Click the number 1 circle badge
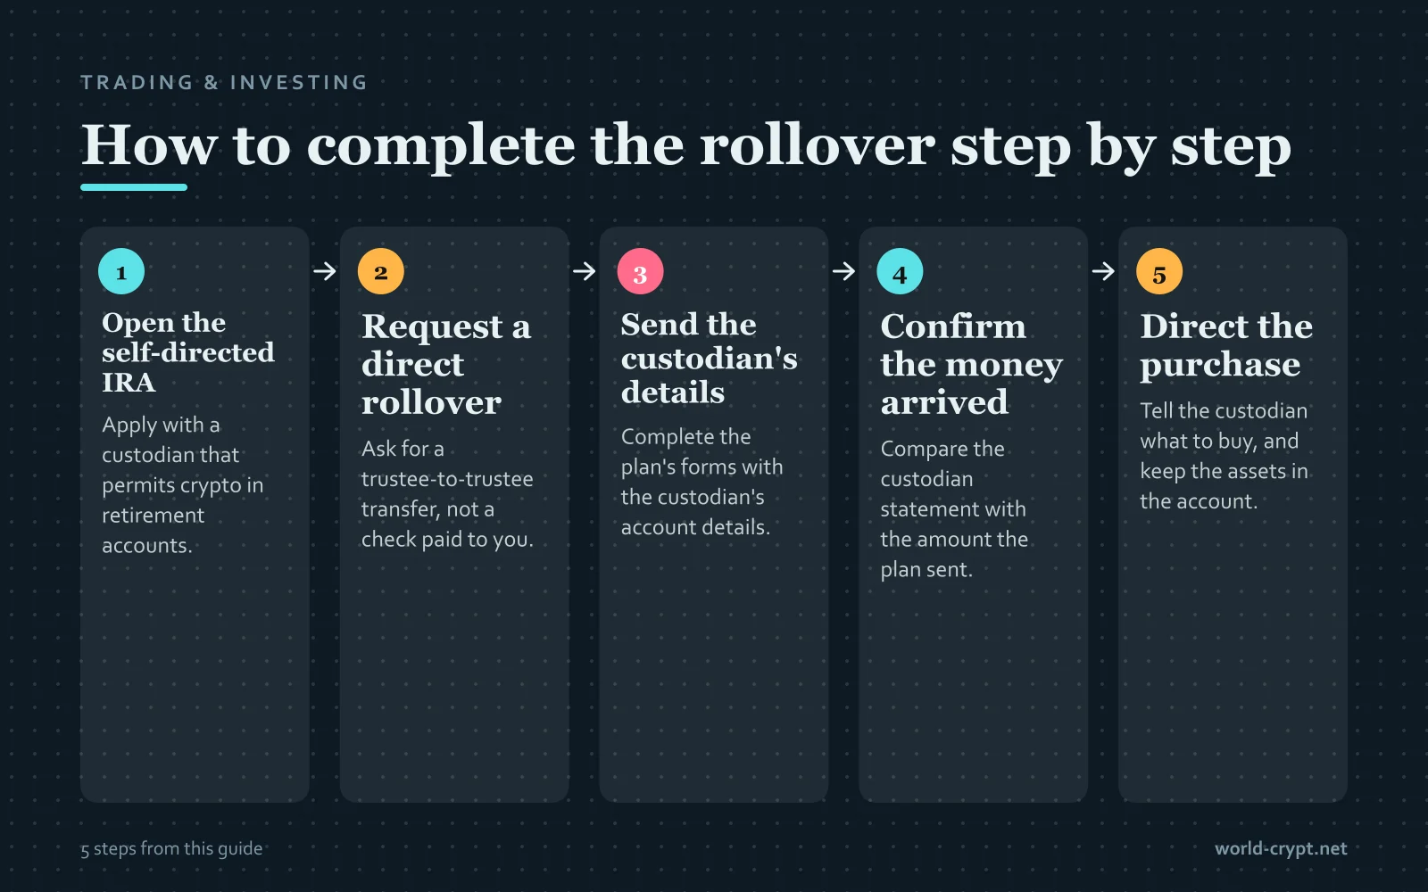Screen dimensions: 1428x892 pos(121,271)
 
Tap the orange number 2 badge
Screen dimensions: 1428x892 pos(380,271)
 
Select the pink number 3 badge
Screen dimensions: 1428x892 pos(640,271)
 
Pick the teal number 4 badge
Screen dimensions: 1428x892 pos(900,271)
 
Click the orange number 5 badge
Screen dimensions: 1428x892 pos(1159,271)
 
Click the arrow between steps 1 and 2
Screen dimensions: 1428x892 pos(325,271)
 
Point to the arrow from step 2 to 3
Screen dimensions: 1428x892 pos(584,271)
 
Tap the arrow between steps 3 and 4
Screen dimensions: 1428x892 pos(843,271)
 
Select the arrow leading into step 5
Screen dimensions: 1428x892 pos(1103,271)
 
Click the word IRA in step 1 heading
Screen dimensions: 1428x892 pos(129,383)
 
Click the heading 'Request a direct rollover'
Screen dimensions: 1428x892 pos(446,364)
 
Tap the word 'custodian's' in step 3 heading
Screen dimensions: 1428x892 pos(709,359)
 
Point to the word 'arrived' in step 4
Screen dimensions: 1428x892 pos(944,402)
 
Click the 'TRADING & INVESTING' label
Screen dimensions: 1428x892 pos(224,82)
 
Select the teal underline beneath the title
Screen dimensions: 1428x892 pos(134,187)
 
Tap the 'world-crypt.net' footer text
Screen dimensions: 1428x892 pos(1281,848)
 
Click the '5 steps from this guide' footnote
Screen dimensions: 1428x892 pos(171,848)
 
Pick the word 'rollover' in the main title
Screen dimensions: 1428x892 pos(818,146)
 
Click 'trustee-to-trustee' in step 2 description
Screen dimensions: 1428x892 pos(447,478)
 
